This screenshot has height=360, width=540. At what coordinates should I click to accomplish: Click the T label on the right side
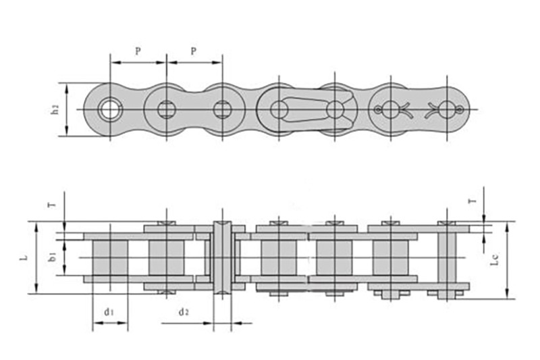[x=472, y=201]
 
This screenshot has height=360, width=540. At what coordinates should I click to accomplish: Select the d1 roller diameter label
[x=108, y=312]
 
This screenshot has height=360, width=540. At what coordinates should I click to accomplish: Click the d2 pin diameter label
[x=183, y=312]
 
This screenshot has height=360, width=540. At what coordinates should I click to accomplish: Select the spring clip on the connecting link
[x=307, y=109]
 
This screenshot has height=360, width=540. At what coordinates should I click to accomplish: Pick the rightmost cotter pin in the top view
[x=448, y=109]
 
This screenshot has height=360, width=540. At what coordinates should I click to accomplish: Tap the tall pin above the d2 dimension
[x=222, y=257]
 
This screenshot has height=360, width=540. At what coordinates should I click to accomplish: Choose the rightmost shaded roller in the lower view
[x=390, y=257]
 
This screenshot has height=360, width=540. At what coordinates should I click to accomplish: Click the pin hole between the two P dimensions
[x=166, y=109]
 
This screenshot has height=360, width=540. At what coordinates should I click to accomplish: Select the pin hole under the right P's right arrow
[x=222, y=109]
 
